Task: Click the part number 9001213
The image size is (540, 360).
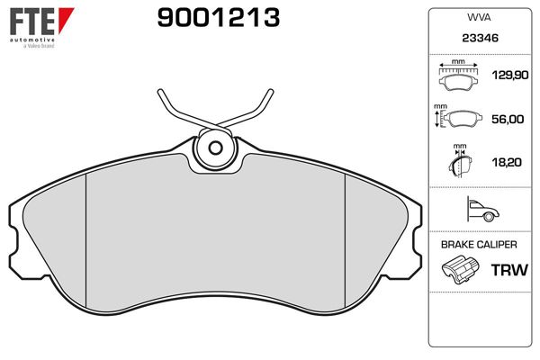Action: (219, 18)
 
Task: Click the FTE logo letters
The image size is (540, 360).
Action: (32, 22)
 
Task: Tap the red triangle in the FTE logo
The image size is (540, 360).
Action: (66, 20)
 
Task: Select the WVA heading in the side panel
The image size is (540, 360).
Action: (479, 18)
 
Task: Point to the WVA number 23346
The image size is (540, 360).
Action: (480, 38)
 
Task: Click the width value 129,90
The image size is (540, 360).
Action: (510, 75)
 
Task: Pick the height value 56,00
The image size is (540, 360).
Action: (508, 119)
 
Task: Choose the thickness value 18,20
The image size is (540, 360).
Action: (507, 162)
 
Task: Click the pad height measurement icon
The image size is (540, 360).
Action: (458, 117)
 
